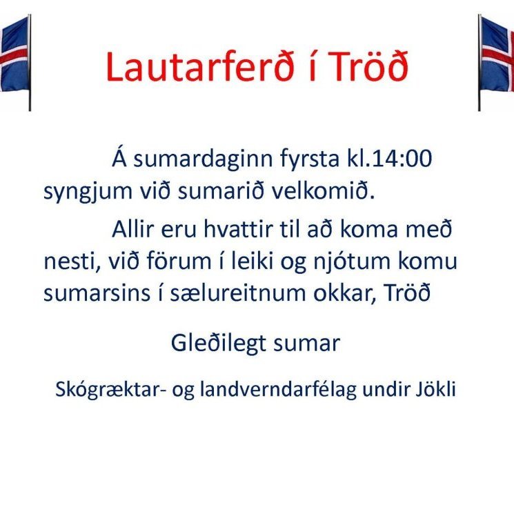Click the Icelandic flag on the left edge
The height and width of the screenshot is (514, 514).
click(x=14, y=59)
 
